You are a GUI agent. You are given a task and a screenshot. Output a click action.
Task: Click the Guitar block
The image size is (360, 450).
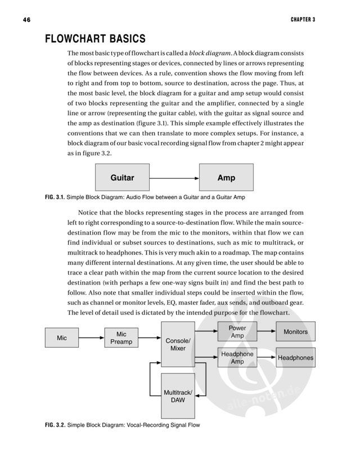click(122, 178)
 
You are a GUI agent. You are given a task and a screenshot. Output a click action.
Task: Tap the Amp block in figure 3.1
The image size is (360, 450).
click(226, 178)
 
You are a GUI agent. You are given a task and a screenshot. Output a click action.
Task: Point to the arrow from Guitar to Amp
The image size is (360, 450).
click(174, 178)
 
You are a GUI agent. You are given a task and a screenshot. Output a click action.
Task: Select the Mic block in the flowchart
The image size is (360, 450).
click(62, 338)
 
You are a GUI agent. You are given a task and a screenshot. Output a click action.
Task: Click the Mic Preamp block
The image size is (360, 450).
click(121, 338)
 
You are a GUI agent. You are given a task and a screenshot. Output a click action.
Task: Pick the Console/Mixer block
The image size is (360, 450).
click(178, 345)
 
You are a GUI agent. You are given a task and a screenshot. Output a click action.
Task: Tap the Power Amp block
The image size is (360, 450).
click(237, 331)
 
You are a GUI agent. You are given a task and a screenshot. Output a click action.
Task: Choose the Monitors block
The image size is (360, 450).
click(295, 331)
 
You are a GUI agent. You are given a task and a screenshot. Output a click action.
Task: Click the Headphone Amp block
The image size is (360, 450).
click(237, 358)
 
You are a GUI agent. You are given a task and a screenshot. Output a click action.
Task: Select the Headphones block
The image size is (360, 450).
click(295, 358)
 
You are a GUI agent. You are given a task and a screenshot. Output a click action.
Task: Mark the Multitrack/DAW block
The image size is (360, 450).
click(178, 395)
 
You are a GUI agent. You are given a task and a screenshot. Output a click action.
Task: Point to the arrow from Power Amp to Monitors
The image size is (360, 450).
click(267, 331)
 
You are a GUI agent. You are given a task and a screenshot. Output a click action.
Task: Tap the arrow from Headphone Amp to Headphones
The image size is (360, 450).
click(267, 358)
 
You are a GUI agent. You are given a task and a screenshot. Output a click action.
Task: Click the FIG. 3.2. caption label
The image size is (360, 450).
click(55, 425)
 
